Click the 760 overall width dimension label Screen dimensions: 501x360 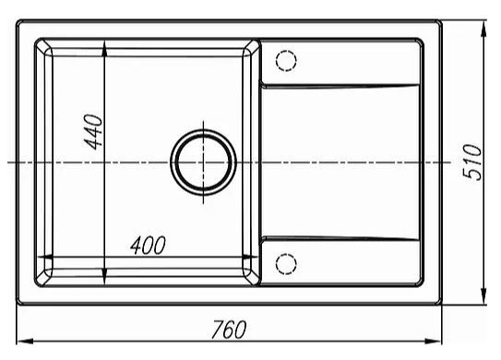(229, 329)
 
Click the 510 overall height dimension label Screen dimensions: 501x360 (472, 162)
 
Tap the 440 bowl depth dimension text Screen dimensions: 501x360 (92, 132)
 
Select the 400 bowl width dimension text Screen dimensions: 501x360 (148, 246)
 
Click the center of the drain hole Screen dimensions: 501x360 (203, 162)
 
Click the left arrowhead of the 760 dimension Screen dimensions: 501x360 (24, 342)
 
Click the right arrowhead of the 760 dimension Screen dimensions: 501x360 (434, 342)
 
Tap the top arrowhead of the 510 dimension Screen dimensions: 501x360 (483, 30)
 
